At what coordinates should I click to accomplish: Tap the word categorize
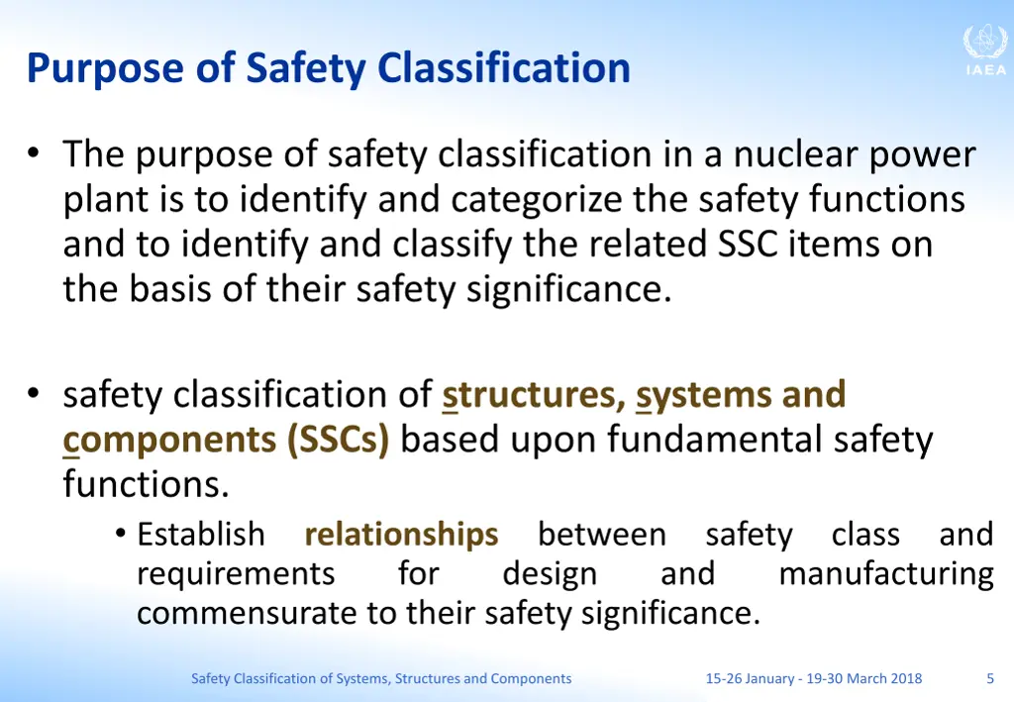(x=539, y=201)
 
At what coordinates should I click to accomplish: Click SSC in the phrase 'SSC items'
(x=749, y=245)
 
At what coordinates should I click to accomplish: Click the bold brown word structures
(x=533, y=394)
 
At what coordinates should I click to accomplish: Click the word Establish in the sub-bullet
(x=201, y=535)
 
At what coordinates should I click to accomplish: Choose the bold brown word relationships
(x=401, y=535)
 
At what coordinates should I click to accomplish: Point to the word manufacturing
(x=885, y=574)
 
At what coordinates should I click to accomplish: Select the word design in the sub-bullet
(x=550, y=574)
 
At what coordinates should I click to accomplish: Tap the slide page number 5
(x=990, y=678)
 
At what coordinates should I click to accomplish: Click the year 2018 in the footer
(x=905, y=678)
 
